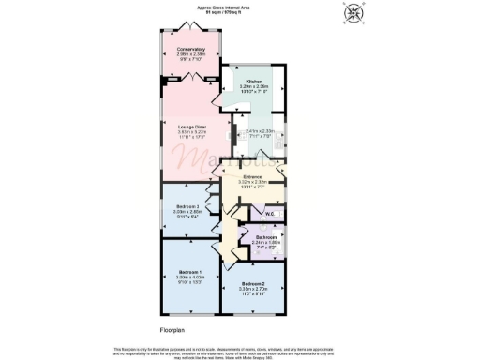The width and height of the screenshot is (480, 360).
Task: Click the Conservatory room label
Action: pos(191,48)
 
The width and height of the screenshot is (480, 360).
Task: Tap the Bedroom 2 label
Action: pos(254,284)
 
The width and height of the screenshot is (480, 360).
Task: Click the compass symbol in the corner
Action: pos(352,12)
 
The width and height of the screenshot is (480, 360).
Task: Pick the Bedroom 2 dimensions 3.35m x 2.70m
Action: pos(254,290)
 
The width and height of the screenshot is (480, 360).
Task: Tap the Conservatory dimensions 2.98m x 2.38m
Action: pos(191,54)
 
